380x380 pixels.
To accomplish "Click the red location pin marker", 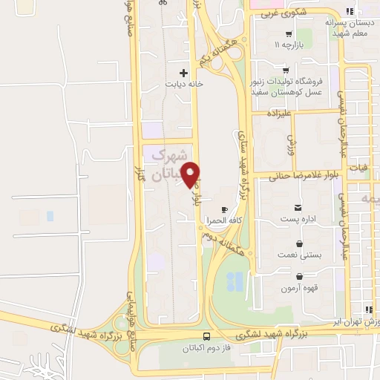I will (191, 174).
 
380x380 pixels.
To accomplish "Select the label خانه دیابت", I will (184, 85).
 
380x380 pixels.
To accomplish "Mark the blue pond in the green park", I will (235, 281).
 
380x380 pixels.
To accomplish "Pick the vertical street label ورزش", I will (291, 142).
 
